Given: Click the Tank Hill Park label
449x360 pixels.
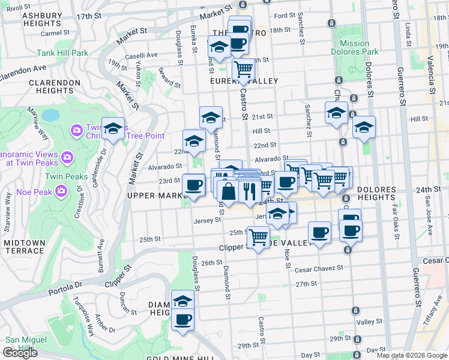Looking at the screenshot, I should click(x=62, y=53).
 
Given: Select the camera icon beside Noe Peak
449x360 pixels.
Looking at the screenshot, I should click(x=61, y=191).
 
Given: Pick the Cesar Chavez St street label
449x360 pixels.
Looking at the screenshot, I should click(x=318, y=268).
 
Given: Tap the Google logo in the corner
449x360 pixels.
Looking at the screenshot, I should click(x=19, y=353).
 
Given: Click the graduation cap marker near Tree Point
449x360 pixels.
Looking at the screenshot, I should click(x=112, y=128).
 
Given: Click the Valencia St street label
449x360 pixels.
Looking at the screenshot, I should click(x=429, y=60).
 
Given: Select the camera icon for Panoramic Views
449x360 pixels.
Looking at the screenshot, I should click(x=67, y=157).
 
